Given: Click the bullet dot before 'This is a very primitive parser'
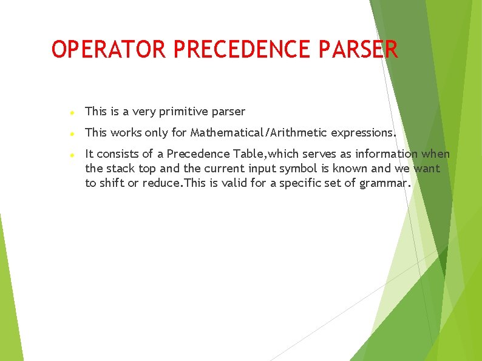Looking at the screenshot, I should [72, 113].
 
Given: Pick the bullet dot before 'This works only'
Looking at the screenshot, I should [72, 133].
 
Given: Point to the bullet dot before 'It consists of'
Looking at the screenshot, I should [72, 155].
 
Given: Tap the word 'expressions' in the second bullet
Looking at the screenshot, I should [362, 133].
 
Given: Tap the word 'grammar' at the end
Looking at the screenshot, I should [385, 183].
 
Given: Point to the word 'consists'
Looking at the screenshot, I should [118, 154].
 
